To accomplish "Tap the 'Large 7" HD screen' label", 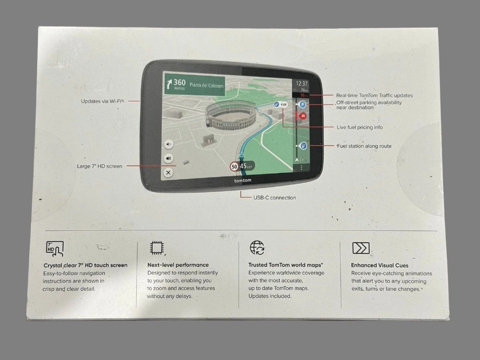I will point(100,166).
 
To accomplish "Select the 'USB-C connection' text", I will point(274,198).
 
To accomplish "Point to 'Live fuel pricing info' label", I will point(360,127).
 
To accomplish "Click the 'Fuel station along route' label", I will point(364,146).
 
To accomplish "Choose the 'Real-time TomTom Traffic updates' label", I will point(374,96).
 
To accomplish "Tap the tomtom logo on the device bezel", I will point(243,181).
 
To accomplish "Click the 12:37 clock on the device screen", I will point(302,84).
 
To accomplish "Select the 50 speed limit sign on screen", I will point(234,167).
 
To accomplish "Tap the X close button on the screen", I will point(168,173).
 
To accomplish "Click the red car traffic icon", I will point(303,116).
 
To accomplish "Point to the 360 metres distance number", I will point(179,83).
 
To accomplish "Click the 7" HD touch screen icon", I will point(55,249).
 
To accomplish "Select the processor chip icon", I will point(157,248).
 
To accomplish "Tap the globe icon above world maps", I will point(257,248).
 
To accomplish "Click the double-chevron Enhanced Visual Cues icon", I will point(361,248).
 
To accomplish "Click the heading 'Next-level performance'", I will point(178,265).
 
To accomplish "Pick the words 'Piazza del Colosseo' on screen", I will point(206,85).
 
